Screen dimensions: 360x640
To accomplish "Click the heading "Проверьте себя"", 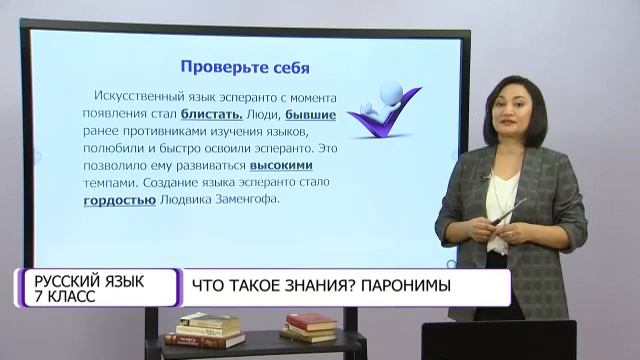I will click(x=244, y=68).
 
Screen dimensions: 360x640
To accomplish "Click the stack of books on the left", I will click(x=209, y=331).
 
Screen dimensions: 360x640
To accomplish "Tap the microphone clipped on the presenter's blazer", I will click(x=489, y=177).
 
